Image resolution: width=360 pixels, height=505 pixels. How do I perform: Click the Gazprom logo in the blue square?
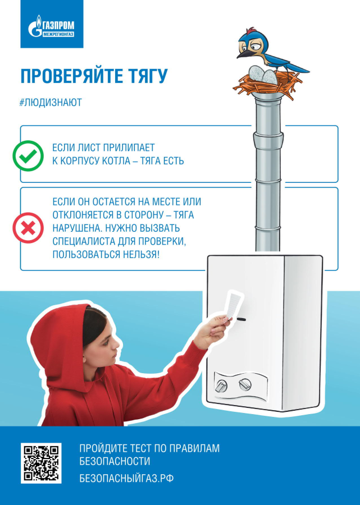pos(51,26)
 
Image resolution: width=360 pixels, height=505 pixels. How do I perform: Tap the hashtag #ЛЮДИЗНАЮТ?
pos(51,103)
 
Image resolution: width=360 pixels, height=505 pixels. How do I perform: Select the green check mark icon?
pos(28,156)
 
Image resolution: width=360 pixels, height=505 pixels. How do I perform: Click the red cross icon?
pos(28,228)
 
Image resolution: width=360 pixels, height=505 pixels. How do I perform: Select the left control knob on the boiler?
pos(221,385)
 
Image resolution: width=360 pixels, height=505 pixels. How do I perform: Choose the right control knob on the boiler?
pos(245,384)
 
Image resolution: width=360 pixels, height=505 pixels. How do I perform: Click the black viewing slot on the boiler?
pos(241,319)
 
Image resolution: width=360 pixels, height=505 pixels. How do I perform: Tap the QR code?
pos(41,463)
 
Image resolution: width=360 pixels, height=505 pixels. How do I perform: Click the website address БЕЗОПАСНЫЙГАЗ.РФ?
pos(126,478)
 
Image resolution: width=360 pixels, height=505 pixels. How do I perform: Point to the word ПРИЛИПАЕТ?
pos(129,148)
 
